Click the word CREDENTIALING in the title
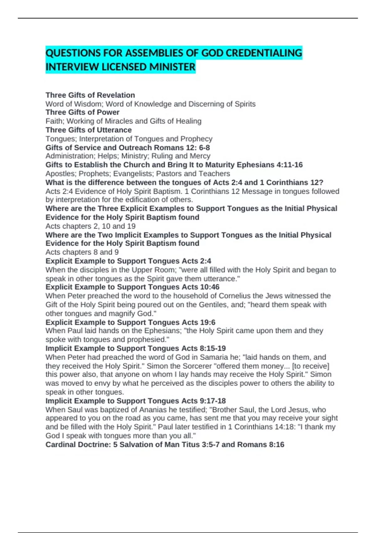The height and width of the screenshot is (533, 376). tap(264, 53)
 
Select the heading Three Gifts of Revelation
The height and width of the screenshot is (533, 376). tap(90, 95)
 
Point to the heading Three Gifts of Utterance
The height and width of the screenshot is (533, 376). tap(89, 130)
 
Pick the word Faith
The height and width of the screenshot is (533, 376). tap(54, 121)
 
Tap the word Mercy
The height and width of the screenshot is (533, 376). tap(200, 156)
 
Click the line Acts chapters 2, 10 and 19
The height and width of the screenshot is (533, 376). tap(91, 226)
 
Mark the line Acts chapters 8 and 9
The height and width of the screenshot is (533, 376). tap(82, 252)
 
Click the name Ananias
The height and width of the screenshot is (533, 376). tap(155, 409)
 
